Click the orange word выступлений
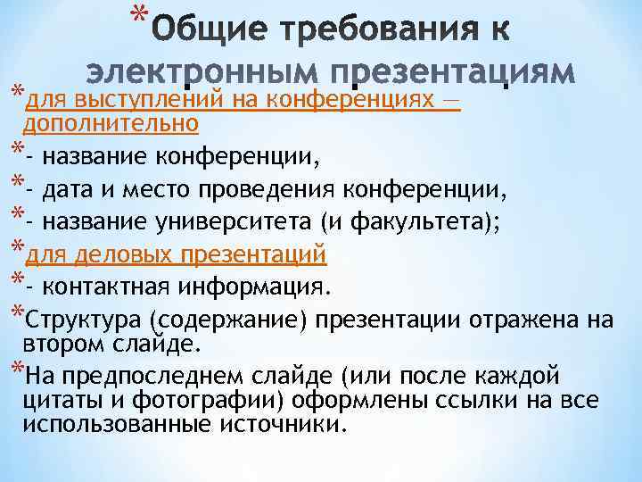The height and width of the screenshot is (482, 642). (151, 98)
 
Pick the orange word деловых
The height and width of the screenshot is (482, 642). (125, 255)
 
